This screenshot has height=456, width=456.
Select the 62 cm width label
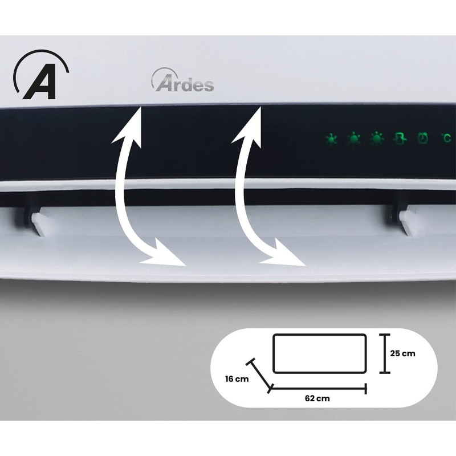(318, 398)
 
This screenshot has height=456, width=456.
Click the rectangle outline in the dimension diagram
(319, 353)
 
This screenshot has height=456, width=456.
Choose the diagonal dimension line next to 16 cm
(260, 375)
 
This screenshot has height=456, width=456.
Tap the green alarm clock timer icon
(423, 138)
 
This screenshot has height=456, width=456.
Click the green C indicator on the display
(447, 137)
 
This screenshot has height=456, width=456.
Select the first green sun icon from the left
(332, 138)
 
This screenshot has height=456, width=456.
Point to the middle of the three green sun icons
(355, 138)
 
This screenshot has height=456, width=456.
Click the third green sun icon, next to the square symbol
(377, 138)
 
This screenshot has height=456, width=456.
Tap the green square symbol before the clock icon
(400, 138)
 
